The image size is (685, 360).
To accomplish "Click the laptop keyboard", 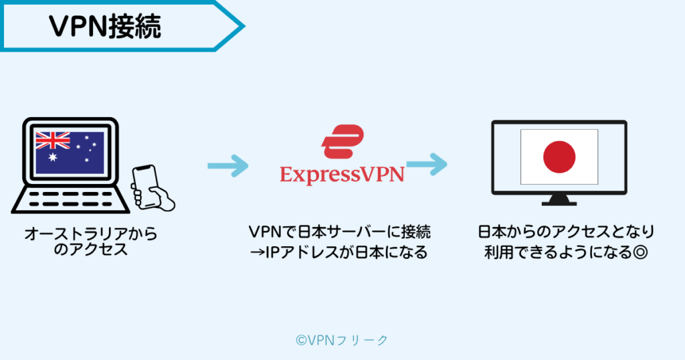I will coord(67,197).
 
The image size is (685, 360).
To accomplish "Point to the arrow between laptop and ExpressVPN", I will coord(227,165).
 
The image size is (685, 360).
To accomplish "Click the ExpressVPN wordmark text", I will coord(342,174).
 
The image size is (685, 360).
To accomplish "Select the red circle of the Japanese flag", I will coord(559,157).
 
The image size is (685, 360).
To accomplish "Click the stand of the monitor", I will coord(559,198).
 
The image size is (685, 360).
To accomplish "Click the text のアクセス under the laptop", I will coord(91,251).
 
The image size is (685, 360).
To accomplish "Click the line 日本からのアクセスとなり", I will coord(566,233).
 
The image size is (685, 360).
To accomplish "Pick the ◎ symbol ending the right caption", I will coord(644,254).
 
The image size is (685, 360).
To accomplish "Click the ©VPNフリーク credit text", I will coord(342,340).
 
